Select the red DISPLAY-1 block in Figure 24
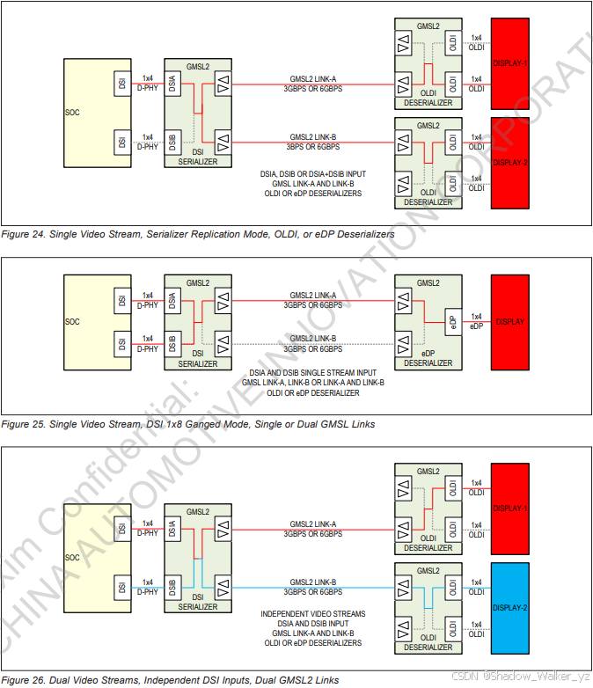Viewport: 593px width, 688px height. [510, 64]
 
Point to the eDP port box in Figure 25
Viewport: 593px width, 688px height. [451, 322]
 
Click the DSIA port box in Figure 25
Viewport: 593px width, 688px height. [173, 303]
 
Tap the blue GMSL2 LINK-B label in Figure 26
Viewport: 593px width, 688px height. [313, 582]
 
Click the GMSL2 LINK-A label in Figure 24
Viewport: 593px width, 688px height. [313, 79]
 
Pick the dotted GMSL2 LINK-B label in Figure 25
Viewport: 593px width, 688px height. [313, 338]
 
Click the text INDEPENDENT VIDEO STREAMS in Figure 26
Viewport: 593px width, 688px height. [313, 614]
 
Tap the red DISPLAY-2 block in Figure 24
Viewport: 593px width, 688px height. [510, 163]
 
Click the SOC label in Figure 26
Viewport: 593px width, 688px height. [72, 557]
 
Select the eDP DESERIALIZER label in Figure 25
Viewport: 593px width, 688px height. [428, 357]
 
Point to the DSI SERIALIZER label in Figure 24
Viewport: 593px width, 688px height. [197, 157]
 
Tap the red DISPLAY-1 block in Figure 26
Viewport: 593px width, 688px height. [510, 509]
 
